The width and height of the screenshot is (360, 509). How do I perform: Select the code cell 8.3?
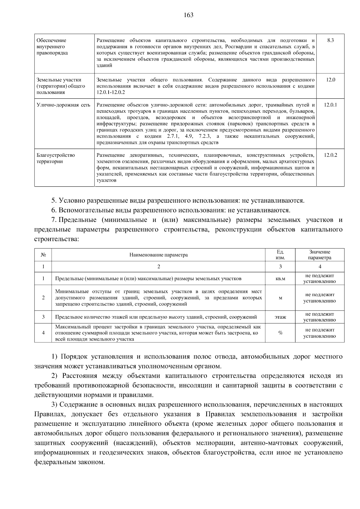(330, 40)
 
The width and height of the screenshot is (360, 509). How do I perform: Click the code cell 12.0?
(330, 80)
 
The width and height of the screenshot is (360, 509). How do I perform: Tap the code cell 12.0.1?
(330, 105)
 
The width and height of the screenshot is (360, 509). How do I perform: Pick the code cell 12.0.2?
(330, 155)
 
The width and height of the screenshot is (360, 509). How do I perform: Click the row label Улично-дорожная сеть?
(63, 105)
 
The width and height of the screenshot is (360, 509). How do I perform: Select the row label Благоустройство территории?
(55, 158)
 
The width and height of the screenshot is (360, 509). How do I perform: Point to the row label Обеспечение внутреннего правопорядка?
(52, 47)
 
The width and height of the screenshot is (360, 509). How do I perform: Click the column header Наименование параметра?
(158, 255)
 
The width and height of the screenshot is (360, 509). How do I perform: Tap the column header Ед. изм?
(280, 255)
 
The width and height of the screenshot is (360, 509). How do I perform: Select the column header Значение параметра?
(319, 255)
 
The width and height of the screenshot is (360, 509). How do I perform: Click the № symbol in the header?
(43, 255)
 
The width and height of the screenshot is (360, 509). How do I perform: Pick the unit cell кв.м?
(280, 279)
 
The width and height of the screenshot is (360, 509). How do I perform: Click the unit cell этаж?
(280, 317)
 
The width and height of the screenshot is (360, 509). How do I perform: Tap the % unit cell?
(280, 333)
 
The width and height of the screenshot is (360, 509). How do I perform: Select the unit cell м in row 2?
(280, 298)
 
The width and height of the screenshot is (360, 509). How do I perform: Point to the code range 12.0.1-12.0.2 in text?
(111, 92)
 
